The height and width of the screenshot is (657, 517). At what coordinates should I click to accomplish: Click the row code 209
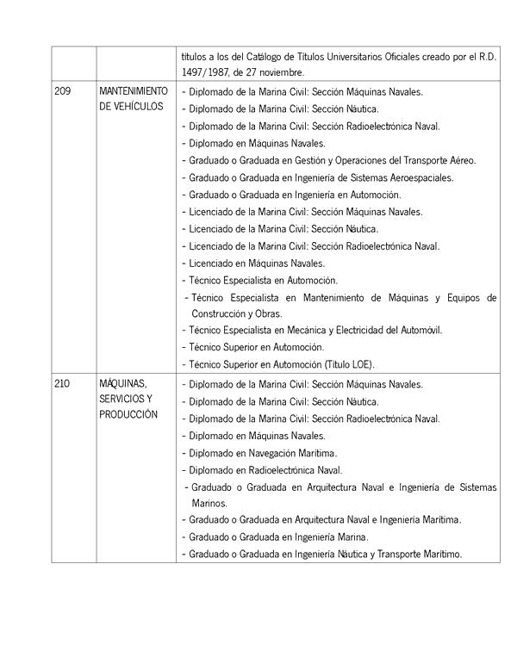[62, 90]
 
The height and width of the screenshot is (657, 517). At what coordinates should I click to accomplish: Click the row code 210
[62, 384]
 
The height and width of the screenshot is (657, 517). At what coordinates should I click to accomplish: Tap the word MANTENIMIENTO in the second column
[134, 90]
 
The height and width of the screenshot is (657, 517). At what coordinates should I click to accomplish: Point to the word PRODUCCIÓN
[128, 415]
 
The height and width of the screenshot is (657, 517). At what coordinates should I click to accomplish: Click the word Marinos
[209, 503]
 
